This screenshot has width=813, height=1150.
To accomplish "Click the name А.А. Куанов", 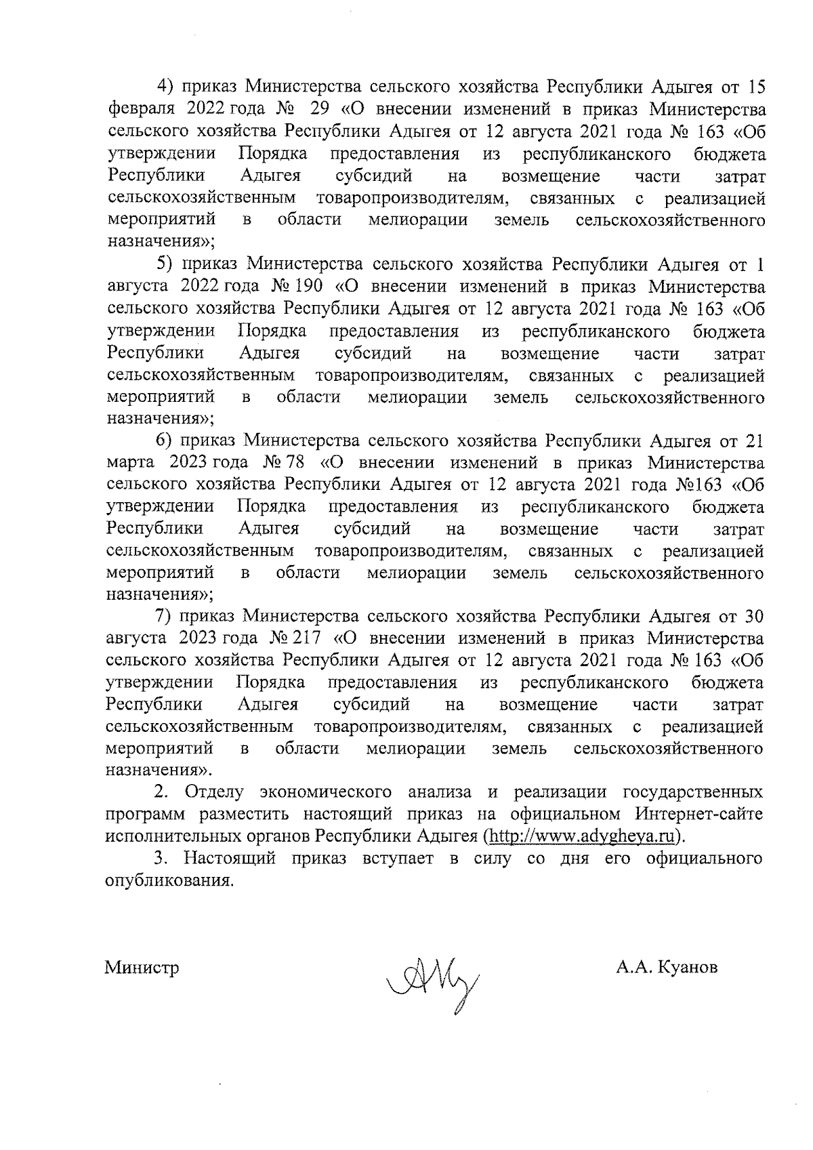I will tap(667, 968).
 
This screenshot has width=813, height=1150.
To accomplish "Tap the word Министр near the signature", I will tap(142, 968).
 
